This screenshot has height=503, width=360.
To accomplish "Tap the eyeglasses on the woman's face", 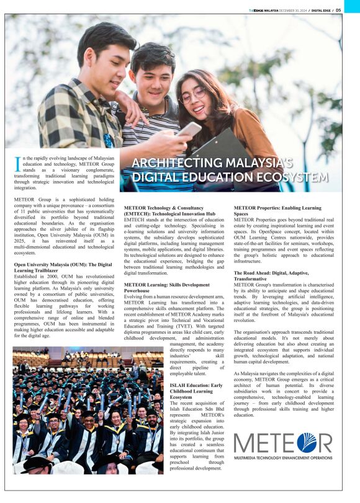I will click(192, 94).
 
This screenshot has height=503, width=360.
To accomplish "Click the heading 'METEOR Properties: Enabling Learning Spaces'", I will click(277, 211).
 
